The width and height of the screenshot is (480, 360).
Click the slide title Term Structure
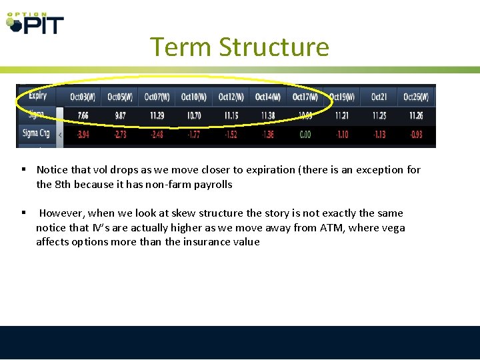point(239,47)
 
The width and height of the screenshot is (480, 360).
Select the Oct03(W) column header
point(83,97)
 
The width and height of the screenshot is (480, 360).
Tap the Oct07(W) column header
point(157,97)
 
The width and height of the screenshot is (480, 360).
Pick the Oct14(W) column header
point(268,97)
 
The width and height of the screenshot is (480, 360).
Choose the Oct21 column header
point(379,97)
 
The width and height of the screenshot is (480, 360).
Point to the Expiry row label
point(37,96)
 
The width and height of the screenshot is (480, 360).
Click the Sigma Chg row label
point(36,133)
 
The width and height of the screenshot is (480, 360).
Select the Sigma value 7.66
point(83,115)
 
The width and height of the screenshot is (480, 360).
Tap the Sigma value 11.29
point(157,115)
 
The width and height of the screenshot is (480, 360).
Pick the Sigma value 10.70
point(194,115)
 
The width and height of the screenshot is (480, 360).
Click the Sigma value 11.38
point(268,115)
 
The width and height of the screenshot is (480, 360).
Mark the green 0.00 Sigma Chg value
point(305,134)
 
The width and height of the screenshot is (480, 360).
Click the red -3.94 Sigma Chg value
point(83,134)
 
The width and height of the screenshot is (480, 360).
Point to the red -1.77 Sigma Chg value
point(194,134)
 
